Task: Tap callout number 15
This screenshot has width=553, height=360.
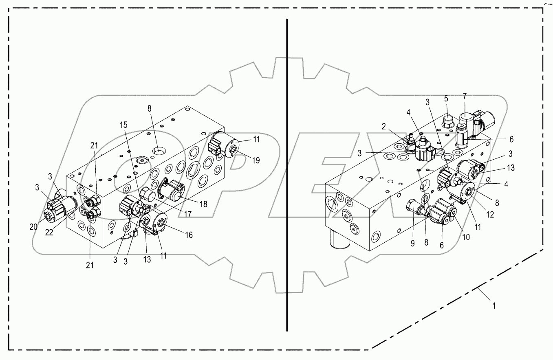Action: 123,125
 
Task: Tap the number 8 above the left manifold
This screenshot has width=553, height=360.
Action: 149,109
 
